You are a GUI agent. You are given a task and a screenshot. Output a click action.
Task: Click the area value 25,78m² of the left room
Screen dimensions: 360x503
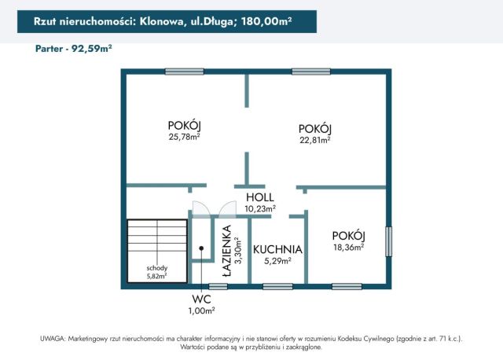point(184,137)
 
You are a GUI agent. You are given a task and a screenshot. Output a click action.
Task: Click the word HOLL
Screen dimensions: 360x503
point(259,197)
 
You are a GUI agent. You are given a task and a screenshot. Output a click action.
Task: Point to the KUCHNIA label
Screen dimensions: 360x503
point(277,249)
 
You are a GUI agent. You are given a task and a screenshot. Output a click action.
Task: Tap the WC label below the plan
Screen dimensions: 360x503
point(201,299)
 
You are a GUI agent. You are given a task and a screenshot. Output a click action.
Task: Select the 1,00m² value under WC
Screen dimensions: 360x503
point(201,311)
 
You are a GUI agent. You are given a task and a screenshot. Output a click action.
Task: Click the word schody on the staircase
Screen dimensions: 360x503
point(156,267)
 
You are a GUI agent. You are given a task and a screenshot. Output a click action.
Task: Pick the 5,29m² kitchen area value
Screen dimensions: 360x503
point(277,261)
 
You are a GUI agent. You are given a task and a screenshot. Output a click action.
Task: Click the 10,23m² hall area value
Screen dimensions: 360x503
point(260,209)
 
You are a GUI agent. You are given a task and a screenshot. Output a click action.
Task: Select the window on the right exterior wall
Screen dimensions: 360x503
point(388,241)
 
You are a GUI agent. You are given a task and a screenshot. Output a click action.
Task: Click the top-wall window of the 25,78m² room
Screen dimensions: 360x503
point(185,72)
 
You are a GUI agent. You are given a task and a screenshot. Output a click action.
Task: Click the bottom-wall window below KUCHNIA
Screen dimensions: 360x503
point(277,286)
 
